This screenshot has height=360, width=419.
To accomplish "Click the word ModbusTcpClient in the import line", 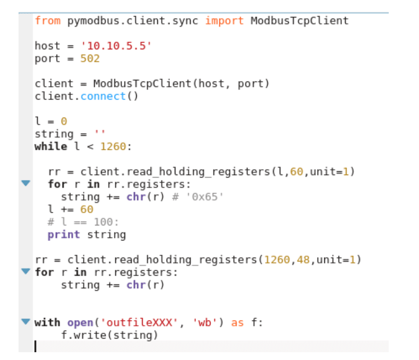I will click(299, 20).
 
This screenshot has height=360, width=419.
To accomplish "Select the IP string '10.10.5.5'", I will click(116, 46).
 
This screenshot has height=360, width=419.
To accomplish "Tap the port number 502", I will click(90, 59).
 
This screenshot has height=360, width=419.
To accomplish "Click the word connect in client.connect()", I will click(103, 96).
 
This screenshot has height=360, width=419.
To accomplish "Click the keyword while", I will click(51, 146).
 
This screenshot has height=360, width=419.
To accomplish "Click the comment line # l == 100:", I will click(83, 222).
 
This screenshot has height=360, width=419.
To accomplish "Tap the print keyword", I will click(63, 235).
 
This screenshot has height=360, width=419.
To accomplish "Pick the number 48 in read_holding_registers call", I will click(303, 259).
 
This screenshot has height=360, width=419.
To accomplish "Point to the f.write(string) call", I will click(109, 335).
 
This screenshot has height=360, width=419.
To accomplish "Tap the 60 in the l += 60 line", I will click(86, 209).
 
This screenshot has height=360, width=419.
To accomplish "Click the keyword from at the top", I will click(47, 20).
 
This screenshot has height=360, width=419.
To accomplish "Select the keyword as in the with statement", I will click(237, 322).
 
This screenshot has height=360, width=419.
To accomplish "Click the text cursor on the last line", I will click(35, 346).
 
